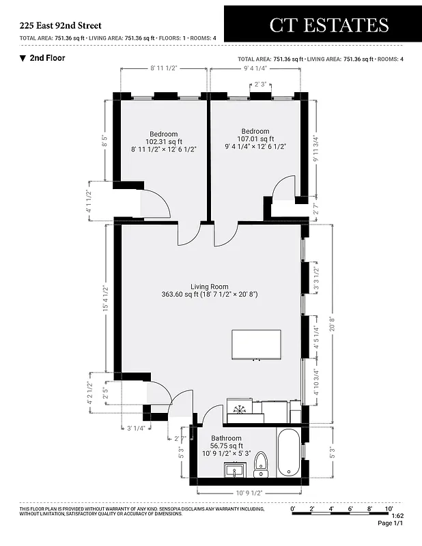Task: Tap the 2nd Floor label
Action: pyautogui.click(x=47, y=58)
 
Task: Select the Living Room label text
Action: pyautogui.click(x=210, y=287)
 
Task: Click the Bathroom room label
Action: pyautogui.click(x=226, y=438)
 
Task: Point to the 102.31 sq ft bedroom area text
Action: pyautogui.click(x=164, y=141)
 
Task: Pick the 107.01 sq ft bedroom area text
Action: pyautogui.click(x=255, y=139)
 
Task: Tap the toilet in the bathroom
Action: pyautogui.click(x=261, y=465)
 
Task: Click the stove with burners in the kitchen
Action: pyautogui.click(x=240, y=408)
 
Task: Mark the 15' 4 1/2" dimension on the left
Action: pyautogui.click(x=105, y=298)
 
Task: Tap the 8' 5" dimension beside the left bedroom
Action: pyautogui.click(x=105, y=140)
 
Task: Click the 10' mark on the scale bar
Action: pyautogui.click(x=389, y=508)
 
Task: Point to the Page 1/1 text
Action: pyautogui.click(x=391, y=523)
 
